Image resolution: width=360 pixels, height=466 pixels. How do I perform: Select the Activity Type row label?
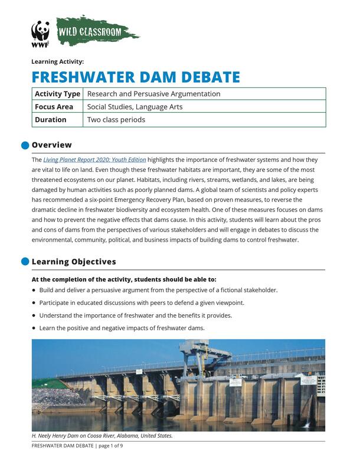pyautogui.click(x=57, y=94)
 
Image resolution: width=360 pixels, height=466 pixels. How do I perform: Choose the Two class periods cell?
pyautogui.click(x=116, y=120)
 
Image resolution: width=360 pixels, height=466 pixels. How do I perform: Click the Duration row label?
pyautogui.click(x=51, y=120)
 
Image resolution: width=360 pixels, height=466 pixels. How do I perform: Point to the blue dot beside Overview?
pyautogui.click(x=25, y=145)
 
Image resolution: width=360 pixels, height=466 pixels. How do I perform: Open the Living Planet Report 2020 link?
pyautogui.click(x=94, y=160)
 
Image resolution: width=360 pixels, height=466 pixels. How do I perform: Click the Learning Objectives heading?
pyautogui.click(x=74, y=262)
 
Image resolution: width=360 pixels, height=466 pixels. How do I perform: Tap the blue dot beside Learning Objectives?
pyautogui.click(x=25, y=262)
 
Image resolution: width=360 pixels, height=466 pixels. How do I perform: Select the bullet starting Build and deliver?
pyautogui.click(x=158, y=290)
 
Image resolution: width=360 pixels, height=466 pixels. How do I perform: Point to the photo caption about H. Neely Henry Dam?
pyautogui.click(x=102, y=436)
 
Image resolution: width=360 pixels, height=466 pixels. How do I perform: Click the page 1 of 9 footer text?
pyautogui.click(x=110, y=445)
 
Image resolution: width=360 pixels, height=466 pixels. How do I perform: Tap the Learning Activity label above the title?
pyautogui.click(x=58, y=61)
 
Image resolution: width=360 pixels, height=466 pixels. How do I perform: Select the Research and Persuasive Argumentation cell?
pyautogui.click(x=153, y=94)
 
